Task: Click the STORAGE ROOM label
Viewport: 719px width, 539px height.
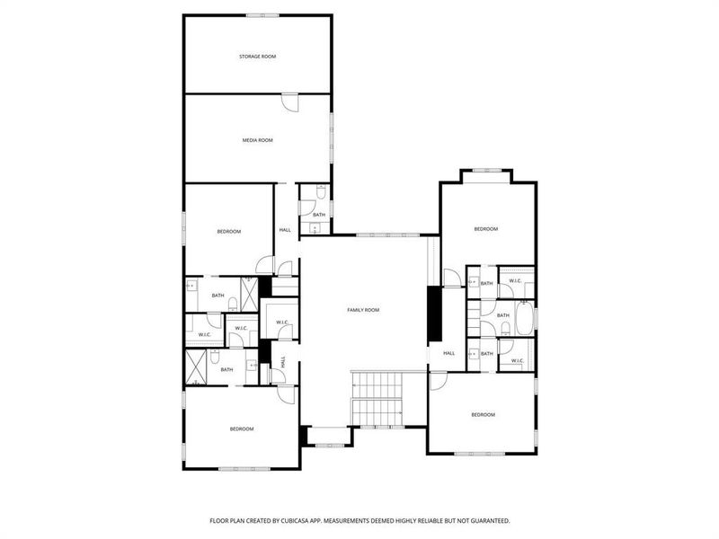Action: [x=257, y=57]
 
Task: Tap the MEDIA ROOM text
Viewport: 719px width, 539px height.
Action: [x=257, y=140]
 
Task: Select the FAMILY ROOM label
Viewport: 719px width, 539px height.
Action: [x=363, y=310]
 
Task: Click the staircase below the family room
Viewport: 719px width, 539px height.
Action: [x=377, y=397]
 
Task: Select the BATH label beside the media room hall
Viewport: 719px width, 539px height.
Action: [x=319, y=215]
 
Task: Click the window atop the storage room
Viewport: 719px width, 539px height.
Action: [x=262, y=14]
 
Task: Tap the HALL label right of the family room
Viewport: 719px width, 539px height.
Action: [x=448, y=353]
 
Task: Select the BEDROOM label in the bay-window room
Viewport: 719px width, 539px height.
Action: [x=485, y=229]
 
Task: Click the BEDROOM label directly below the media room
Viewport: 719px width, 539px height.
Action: [x=228, y=232]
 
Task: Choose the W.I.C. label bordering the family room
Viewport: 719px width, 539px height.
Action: [x=281, y=323]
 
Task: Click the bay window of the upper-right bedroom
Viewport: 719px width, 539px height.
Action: [x=486, y=170]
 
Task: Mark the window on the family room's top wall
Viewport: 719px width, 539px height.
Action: [x=387, y=235]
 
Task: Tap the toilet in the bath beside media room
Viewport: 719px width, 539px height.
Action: [x=320, y=192]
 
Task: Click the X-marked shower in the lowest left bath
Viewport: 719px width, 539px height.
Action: [x=198, y=365]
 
